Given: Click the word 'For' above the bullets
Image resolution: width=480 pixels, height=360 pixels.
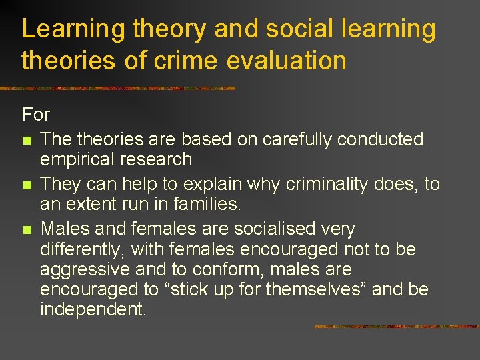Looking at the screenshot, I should tap(36, 115).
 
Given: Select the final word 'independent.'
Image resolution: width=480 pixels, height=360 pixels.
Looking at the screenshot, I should tap(93, 311).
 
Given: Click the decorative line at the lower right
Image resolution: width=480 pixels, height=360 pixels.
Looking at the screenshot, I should tap(396, 327).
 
